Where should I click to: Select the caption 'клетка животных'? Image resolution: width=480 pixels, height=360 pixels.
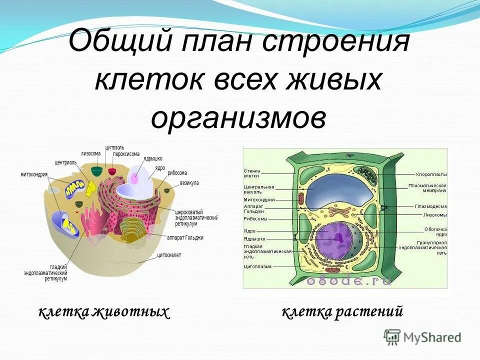[104, 312]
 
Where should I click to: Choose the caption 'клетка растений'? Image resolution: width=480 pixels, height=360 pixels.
[342, 312]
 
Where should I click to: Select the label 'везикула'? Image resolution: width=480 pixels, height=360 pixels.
[189, 183]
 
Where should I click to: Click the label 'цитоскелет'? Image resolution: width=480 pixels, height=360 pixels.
[169, 255]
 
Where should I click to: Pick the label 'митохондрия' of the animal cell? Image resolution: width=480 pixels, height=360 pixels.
[34, 174]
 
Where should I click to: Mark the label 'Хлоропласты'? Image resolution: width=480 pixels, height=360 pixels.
[431, 174]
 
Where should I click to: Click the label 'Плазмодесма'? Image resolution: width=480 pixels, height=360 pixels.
[430, 206]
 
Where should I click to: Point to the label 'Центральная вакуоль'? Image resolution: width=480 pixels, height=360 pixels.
[259, 189]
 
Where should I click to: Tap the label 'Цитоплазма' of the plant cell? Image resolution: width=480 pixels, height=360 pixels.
[257, 266]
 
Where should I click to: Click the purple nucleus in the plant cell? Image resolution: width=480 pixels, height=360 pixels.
[334, 239]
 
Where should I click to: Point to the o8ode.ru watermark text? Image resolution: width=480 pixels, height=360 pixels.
[348, 281]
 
